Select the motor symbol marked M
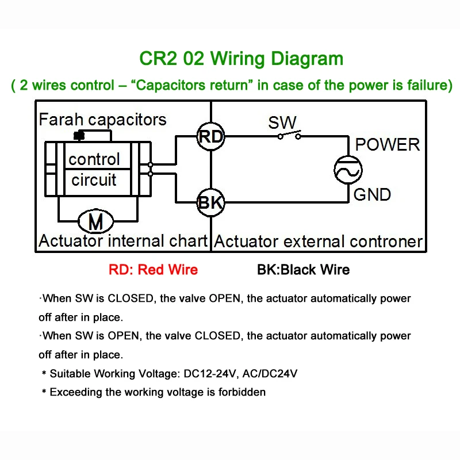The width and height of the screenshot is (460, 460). click(95, 221)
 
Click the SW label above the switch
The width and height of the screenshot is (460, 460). click(282, 122)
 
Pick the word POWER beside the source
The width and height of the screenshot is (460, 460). click(387, 145)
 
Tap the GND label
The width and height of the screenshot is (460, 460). click(372, 194)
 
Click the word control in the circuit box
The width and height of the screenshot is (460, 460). click(94, 159)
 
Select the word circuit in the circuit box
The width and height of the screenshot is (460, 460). click(94, 179)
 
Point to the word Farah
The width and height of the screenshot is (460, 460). click(61, 120)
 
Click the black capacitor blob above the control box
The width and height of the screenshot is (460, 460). click(79, 136)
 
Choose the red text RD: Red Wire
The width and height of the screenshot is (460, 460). click(153, 270)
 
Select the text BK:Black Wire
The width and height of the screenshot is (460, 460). click(304, 270)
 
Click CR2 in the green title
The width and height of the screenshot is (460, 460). click(159, 59)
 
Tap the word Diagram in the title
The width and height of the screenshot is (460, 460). click(307, 59)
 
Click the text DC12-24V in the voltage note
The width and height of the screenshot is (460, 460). click(210, 374)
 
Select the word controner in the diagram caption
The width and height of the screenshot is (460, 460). click(386, 241)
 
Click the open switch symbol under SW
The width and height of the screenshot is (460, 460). click(289, 135)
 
